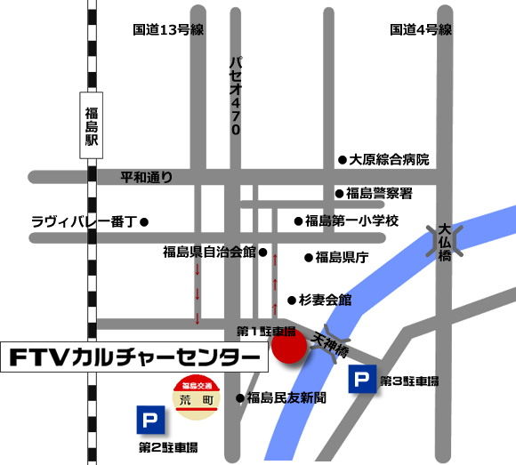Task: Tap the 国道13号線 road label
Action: point(169,30)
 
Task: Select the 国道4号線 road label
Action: point(422,30)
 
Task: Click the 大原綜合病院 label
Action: point(389,160)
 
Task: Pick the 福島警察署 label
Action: point(380,193)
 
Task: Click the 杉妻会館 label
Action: point(326,300)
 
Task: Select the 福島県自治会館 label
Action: point(209,252)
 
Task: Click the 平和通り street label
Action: point(147,177)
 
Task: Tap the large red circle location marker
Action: point(288,347)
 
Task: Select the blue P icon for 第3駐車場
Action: point(361,380)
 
